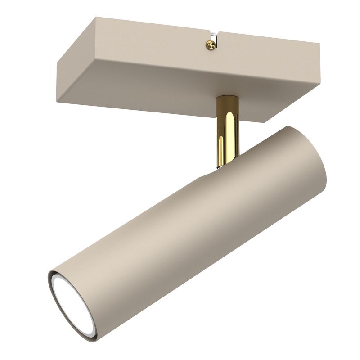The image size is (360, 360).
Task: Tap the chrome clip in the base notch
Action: [x=216, y=39]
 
